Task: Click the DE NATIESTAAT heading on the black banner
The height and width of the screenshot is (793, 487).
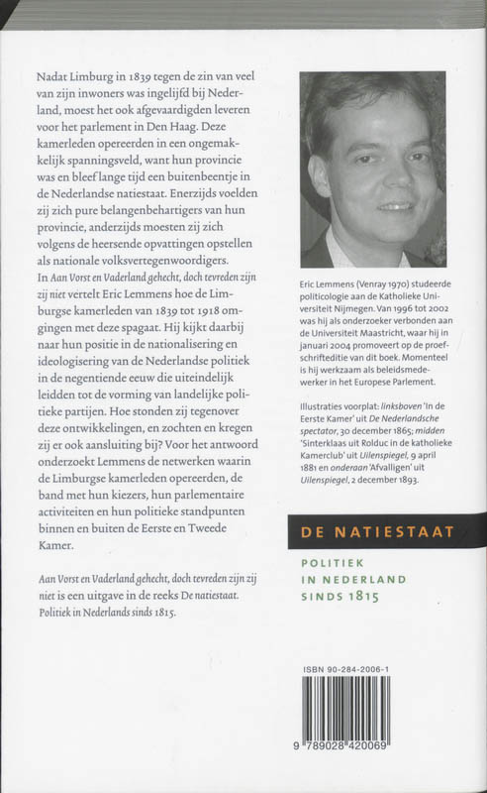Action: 377,532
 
